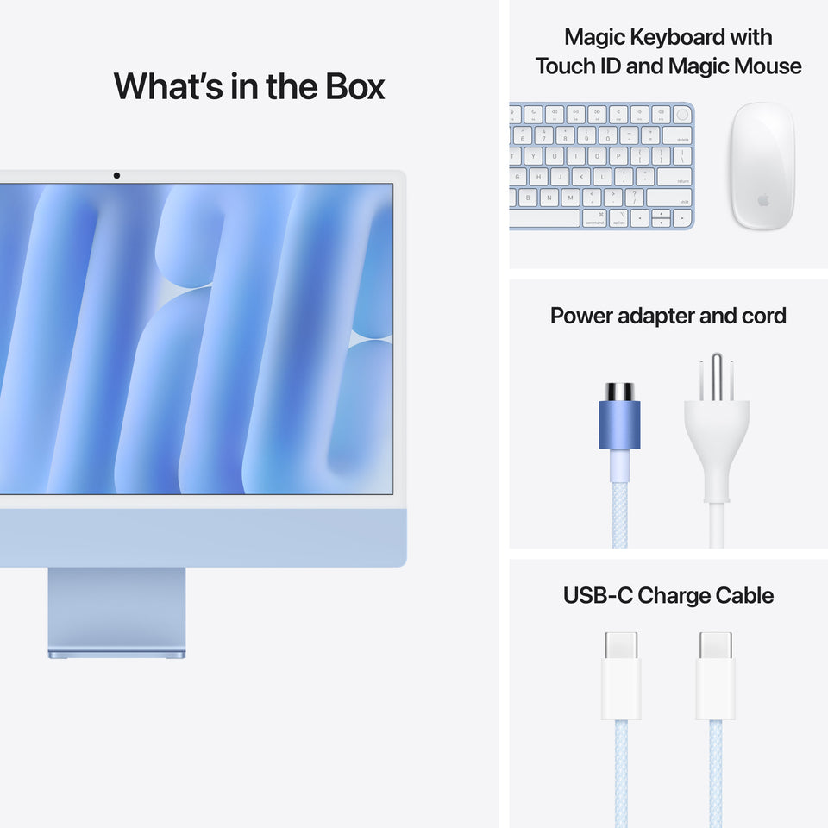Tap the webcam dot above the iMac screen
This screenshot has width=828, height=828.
coord(116,176)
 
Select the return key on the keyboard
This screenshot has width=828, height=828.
coord(674,177)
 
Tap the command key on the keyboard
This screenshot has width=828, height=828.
coord(595,219)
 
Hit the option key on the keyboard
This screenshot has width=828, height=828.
coord(618,219)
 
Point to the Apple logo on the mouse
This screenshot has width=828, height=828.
coord(762,200)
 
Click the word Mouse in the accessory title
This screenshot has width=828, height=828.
coord(768,66)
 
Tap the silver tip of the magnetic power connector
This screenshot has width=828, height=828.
coord(619,392)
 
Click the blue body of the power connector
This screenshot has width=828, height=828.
coord(619,426)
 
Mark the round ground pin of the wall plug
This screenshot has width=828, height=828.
coord(716,369)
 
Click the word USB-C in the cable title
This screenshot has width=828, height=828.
coord(598,595)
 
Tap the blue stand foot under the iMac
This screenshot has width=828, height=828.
coord(116,655)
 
